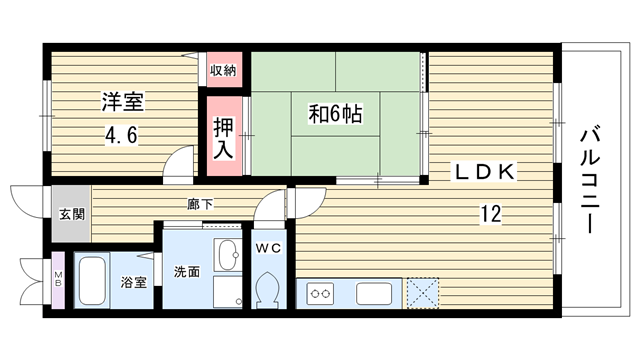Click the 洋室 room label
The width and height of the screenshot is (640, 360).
(123, 102)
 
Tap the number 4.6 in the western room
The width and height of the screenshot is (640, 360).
(122, 135)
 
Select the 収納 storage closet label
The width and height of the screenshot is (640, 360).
(223, 70)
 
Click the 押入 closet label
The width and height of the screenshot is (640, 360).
(224, 138)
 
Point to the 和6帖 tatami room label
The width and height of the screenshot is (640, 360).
(335, 113)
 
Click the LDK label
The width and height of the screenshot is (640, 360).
(484, 171)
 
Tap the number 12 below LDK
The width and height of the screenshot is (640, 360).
(491, 213)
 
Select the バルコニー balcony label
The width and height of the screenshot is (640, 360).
(590, 181)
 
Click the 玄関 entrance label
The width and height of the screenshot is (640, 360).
(72, 214)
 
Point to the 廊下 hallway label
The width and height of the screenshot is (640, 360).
(200, 204)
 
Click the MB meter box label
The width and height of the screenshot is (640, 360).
(58, 278)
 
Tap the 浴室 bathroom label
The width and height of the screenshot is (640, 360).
(133, 282)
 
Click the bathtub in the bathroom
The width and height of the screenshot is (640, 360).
(92, 281)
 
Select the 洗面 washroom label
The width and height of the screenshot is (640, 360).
(187, 272)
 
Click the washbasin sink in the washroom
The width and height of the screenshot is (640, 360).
(227, 255)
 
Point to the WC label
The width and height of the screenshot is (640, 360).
(269, 247)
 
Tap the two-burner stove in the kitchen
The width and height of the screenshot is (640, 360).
(320, 293)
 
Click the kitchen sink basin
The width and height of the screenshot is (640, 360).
(374, 293)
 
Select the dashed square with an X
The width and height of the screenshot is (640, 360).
(423, 293)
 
